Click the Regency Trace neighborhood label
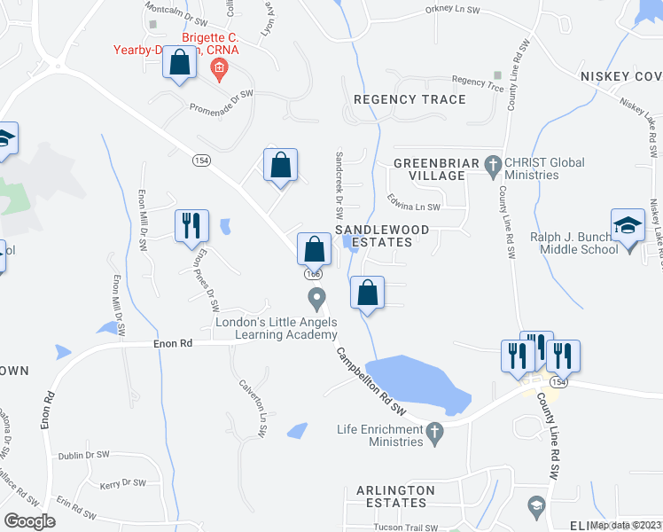[x=409, y=99]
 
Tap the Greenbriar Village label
[x=429, y=169]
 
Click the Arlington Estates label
[x=395, y=496]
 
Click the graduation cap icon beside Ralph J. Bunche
[x=628, y=225]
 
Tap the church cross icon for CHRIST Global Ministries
[x=494, y=163]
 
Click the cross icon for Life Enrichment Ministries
[x=433, y=431]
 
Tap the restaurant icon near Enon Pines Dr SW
[x=191, y=226]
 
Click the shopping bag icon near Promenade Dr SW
[x=180, y=64]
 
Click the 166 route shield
[x=313, y=274]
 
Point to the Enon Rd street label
[x=173, y=342]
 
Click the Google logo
[x=30, y=521]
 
